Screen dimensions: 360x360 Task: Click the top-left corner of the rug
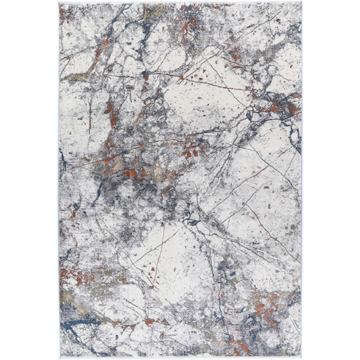(x=58, y=3)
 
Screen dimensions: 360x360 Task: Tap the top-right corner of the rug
(x=301, y=3)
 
